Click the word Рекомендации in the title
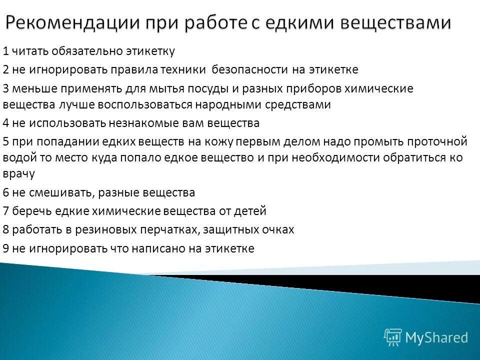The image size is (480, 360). tap(72, 24)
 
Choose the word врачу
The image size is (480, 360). tap(18, 174)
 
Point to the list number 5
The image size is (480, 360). tap(5, 142)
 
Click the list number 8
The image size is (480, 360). tap(5, 230)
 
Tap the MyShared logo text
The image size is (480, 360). tap(436, 337)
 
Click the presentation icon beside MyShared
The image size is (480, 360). tap(393, 337)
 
